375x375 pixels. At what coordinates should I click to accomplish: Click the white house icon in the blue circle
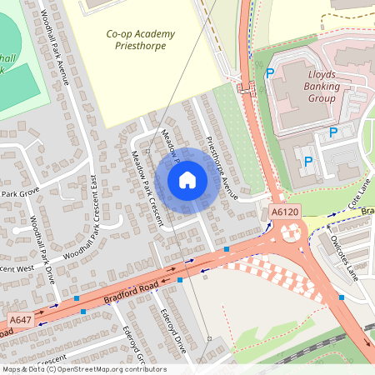tap(187, 179)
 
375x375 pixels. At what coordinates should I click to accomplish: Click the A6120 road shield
tap(284, 213)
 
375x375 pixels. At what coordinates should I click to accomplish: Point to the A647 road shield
tap(20, 320)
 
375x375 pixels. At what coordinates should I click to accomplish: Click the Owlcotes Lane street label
tap(342, 257)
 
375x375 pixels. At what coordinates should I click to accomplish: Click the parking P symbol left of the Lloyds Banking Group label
tap(269, 73)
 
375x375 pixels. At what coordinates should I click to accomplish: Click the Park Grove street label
tap(20, 194)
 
